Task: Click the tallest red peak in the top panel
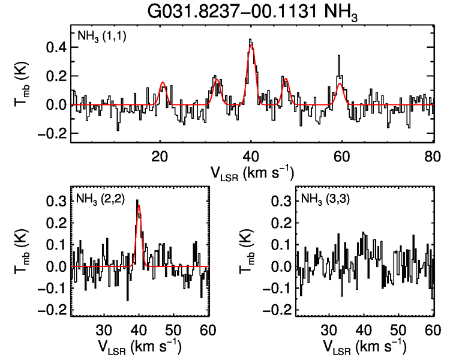tap(251, 46)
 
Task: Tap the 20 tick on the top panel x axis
tap(160, 155)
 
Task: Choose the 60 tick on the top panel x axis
tap(341, 155)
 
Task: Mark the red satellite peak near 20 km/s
tap(163, 82)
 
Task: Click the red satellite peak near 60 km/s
tap(340, 84)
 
